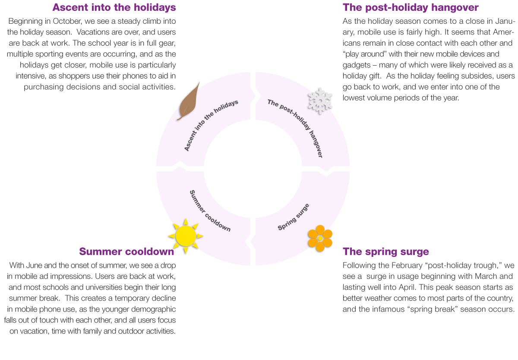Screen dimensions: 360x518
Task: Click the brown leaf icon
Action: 189,101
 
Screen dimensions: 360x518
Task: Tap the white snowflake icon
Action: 320,101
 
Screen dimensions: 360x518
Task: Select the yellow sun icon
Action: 186,236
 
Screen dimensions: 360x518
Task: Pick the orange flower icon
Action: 320,238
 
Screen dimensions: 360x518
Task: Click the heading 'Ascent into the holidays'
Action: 114,8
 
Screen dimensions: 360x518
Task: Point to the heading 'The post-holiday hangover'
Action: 411,8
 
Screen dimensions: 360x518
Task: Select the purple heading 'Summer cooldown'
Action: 126,252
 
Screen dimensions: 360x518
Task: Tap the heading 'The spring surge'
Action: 386,252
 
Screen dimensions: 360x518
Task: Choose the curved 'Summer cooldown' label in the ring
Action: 210,211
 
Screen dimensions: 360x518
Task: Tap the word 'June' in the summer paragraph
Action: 32,265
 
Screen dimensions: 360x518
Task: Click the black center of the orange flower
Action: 320,238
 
